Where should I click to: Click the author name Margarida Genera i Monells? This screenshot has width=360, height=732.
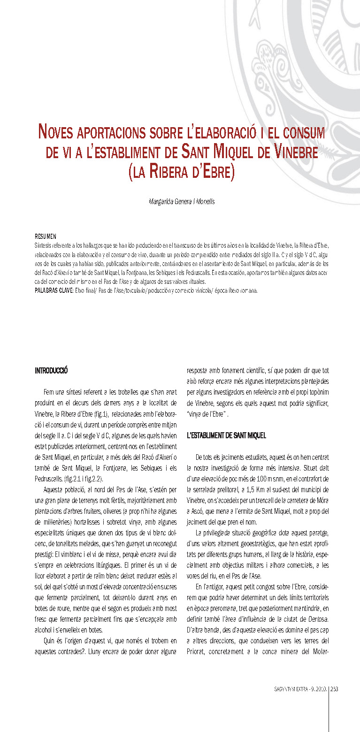[x=180, y=201]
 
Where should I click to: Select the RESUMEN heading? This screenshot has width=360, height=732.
[x=46, y=236]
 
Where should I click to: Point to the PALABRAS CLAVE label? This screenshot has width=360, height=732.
[x=54, y=291]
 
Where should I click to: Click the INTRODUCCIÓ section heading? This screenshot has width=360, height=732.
[x=52, y=371]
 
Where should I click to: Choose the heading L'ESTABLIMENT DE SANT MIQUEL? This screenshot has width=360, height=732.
[x=226, y=436]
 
